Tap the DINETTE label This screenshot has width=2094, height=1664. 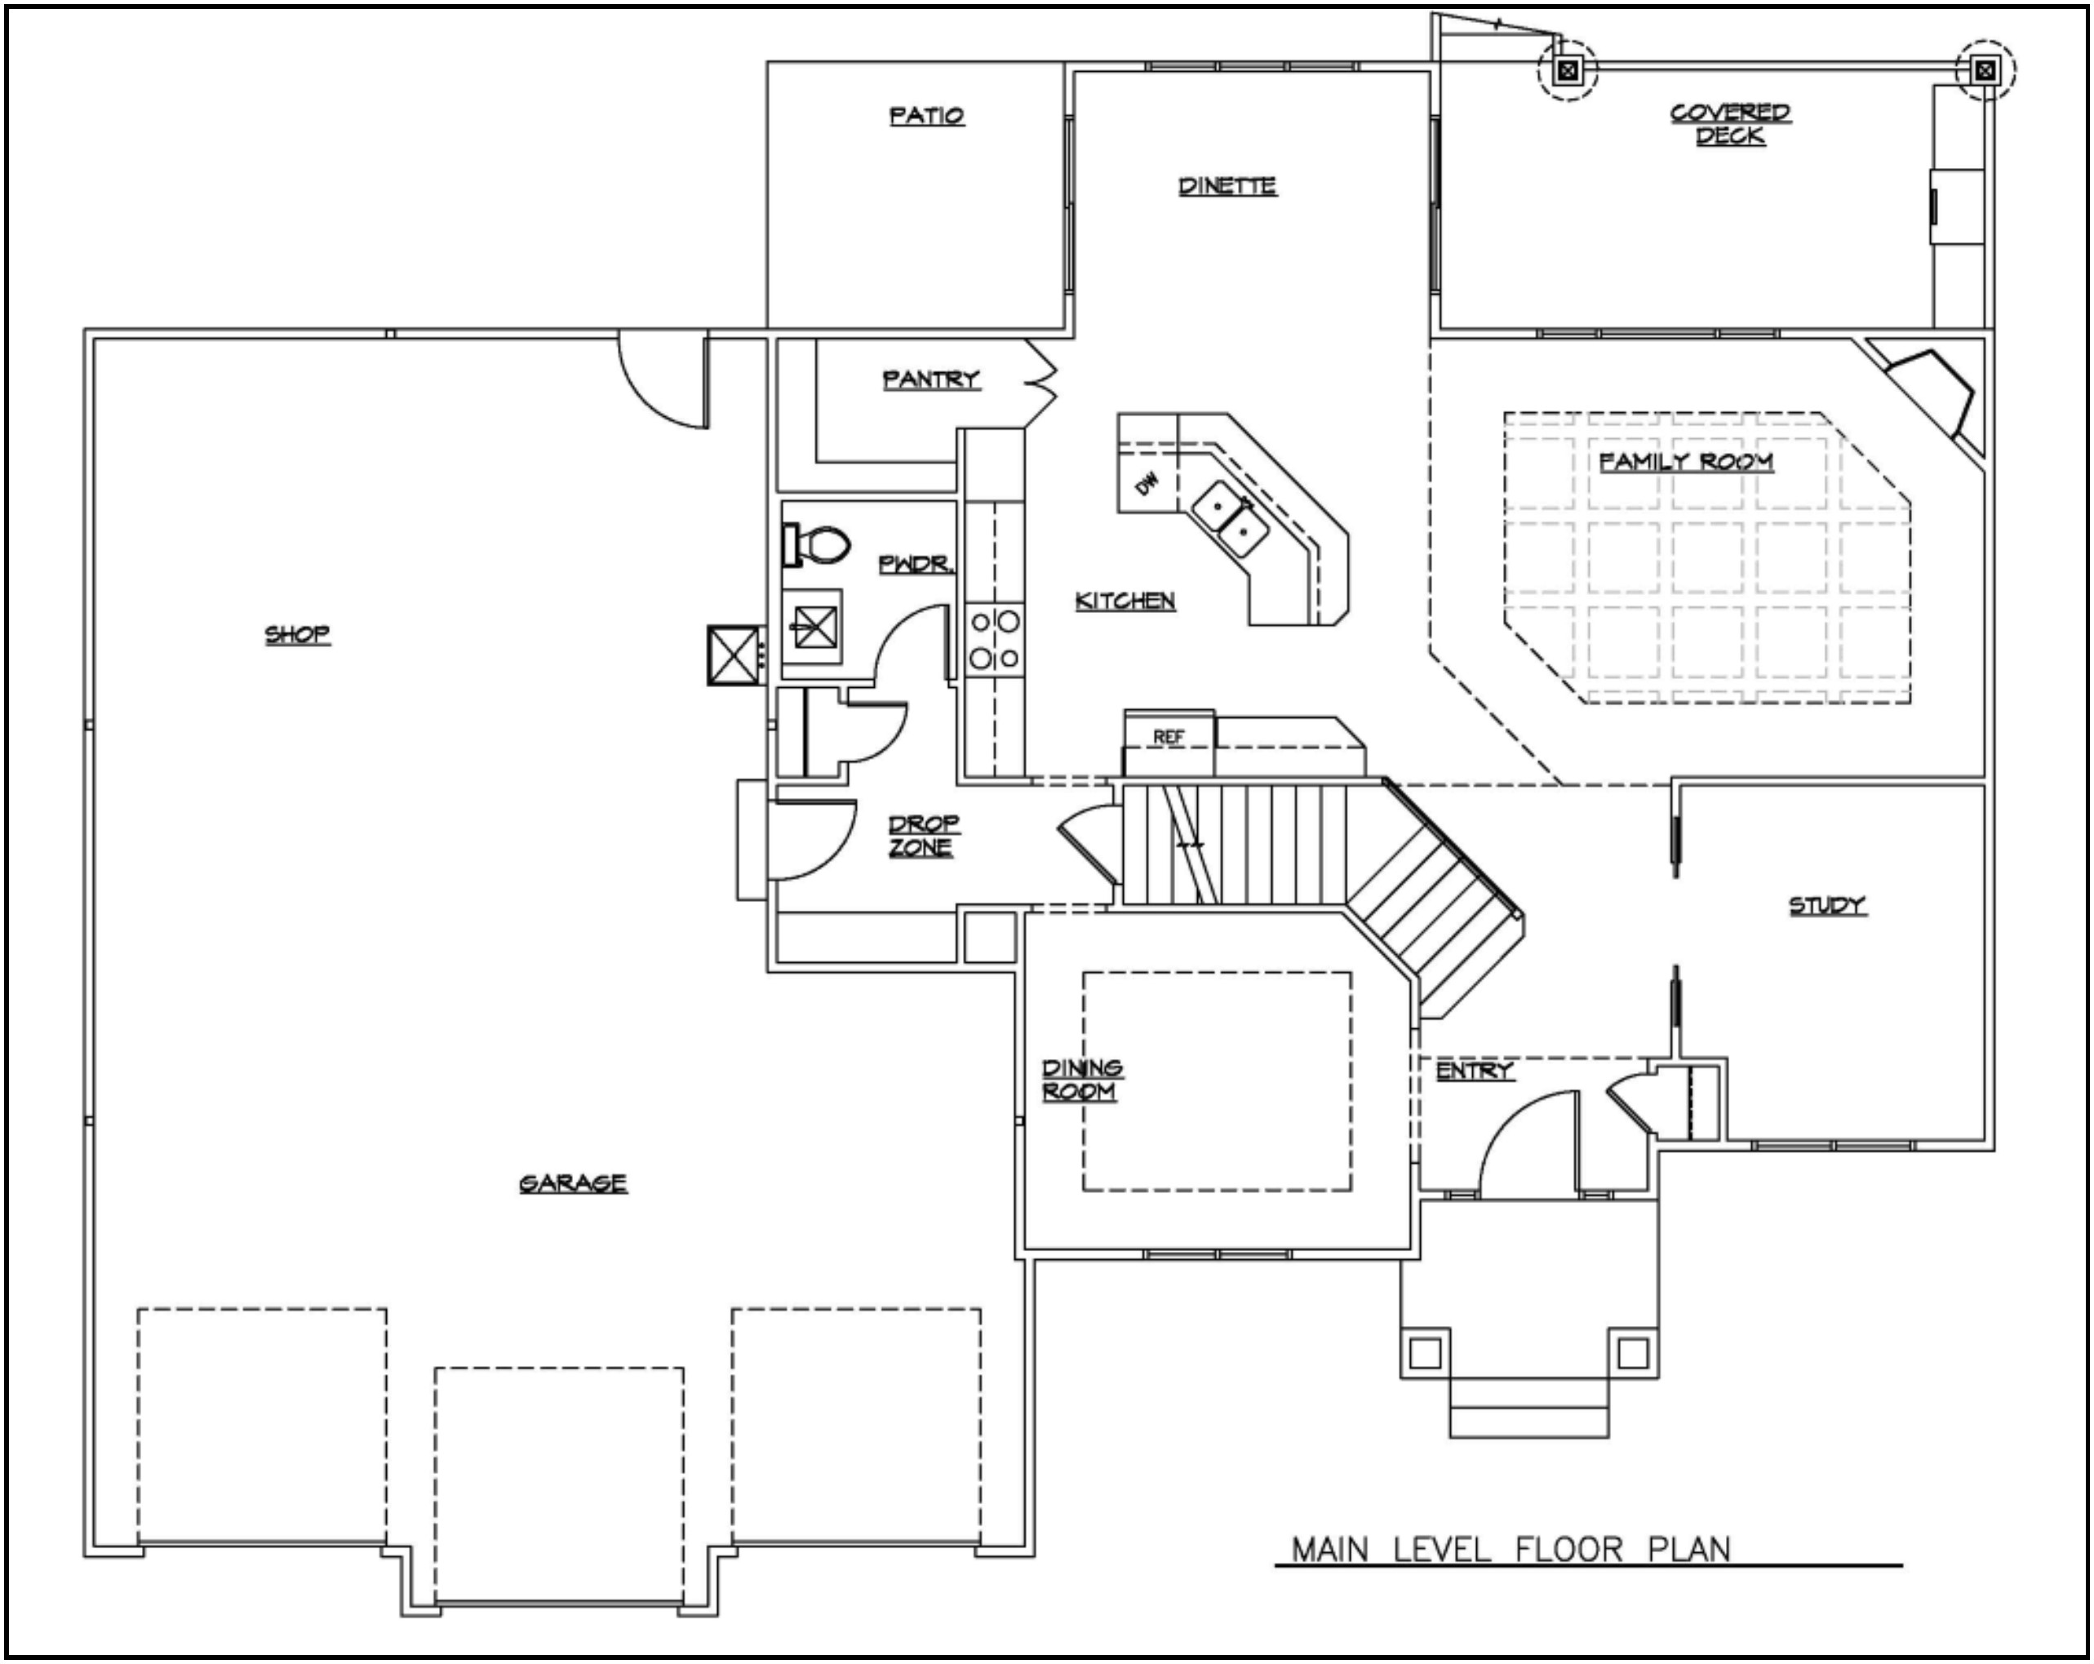1227,185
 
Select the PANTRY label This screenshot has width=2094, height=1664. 931,379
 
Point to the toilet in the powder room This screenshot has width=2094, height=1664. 816,545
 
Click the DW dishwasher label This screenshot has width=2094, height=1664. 1148,483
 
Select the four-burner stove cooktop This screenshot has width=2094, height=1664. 995,639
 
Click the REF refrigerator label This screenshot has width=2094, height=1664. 1169,737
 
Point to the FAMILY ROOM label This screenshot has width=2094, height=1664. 1686,461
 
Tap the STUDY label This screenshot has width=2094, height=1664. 1828,905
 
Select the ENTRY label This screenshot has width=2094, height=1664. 1475,1071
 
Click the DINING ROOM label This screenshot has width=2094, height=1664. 1082,1079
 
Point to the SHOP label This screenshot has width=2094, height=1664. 298,634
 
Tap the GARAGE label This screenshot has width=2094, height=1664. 573,1183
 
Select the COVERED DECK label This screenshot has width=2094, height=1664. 1731,124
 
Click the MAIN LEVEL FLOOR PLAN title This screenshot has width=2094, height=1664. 1511,1548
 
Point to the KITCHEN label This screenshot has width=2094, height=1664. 1125,601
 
